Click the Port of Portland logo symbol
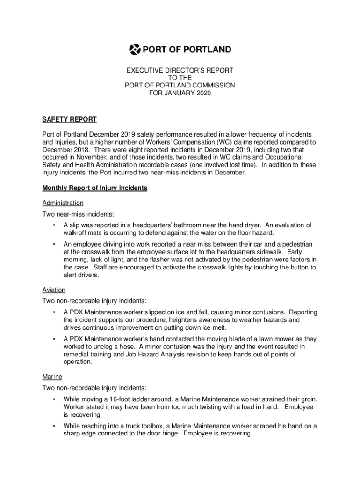tap(135, 49)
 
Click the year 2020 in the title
tap(203, 93)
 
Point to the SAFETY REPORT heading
tap(69, 120)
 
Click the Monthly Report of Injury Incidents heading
tap(95, 188)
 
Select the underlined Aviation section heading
tap(54, 290)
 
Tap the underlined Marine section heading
tap(52, 377)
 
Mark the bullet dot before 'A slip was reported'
tap(54, 225)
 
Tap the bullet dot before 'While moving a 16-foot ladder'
tap(54, 399)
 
